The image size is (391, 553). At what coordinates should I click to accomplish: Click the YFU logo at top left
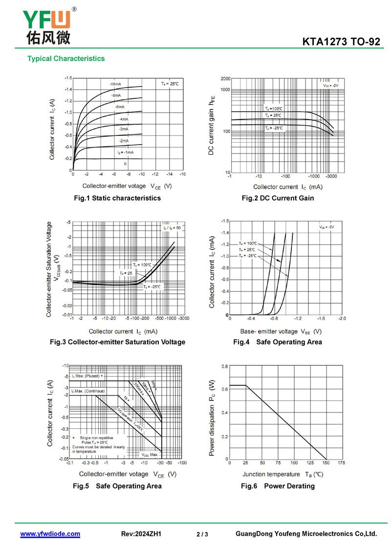coord(46,24)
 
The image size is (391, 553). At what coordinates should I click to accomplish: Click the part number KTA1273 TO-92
coord(341,42)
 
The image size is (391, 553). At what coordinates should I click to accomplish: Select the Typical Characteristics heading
coord(66,59)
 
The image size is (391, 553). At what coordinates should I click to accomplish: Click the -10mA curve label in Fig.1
coord(115,84)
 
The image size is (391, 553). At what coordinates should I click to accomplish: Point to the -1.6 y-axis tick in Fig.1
coord(68,78)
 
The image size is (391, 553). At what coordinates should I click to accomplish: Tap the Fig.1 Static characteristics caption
coord(117,198)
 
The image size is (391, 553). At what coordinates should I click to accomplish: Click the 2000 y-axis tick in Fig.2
coord(225,79)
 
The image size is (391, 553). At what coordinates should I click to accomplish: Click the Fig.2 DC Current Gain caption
coord(278,198)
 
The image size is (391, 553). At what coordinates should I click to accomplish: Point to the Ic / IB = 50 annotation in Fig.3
coord(172,228)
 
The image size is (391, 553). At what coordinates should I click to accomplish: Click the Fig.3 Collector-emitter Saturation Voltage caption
coord(118,342)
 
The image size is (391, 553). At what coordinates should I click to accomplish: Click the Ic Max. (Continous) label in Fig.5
coord(87,392)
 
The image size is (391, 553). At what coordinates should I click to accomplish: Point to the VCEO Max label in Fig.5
coord(150,455)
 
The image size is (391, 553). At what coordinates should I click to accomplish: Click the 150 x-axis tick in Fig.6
coord(325,463)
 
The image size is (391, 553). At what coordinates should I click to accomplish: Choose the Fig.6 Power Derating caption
coord(278,486)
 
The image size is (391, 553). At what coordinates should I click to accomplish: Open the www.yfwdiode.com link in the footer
coord(50,534)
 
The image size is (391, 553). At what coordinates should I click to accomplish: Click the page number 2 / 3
coord(202,534)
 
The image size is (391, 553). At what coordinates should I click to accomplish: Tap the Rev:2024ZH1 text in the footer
coord(141,534)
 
